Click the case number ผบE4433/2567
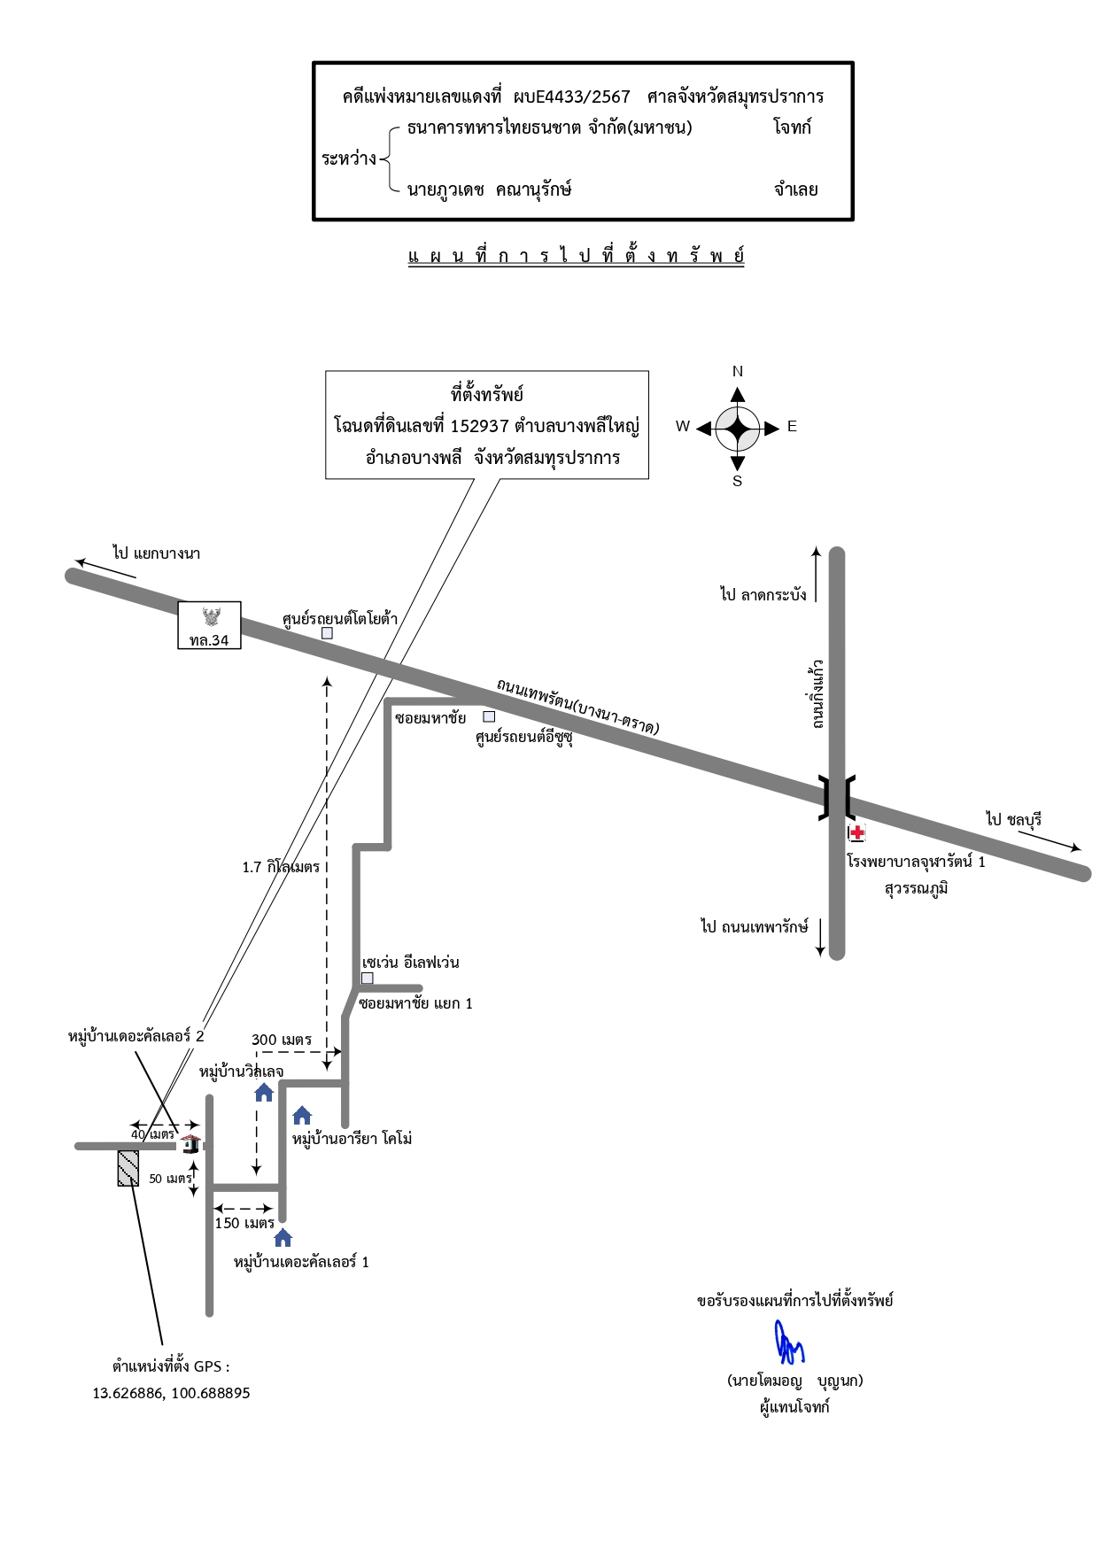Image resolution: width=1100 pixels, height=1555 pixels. (572, 97)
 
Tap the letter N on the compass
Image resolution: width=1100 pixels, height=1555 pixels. (738, 372)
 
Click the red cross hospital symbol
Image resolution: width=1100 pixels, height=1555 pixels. (856, 832)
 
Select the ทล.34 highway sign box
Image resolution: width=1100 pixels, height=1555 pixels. (209, 625)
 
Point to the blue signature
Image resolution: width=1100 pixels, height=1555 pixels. (789, 1342)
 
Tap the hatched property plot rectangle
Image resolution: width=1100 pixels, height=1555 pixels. (128, 1168)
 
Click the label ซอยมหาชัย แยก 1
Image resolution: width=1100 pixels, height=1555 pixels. (415, 1003)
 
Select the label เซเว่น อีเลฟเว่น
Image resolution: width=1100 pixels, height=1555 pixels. (410, 963)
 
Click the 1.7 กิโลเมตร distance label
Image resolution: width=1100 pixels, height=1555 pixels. (281, 867)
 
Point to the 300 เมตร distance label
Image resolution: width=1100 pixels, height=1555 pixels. (282, 1040)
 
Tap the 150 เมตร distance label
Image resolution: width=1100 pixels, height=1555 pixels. (244, 1223)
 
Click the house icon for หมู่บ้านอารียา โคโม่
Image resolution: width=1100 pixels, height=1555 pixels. (302, 1115)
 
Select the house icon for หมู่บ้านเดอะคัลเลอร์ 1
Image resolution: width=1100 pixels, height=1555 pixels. (283, 1237)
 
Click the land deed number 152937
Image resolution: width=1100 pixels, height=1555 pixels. (480, 426)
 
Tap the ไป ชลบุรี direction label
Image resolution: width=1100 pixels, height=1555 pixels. (1014, 819)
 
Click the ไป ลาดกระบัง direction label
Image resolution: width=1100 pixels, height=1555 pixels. (763, 594)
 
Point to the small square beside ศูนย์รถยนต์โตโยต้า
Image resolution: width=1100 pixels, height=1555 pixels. (327, 633)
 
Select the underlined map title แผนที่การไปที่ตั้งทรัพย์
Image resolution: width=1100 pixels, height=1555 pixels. (576, 256)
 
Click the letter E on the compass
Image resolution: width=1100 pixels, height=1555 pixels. (792, 427)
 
